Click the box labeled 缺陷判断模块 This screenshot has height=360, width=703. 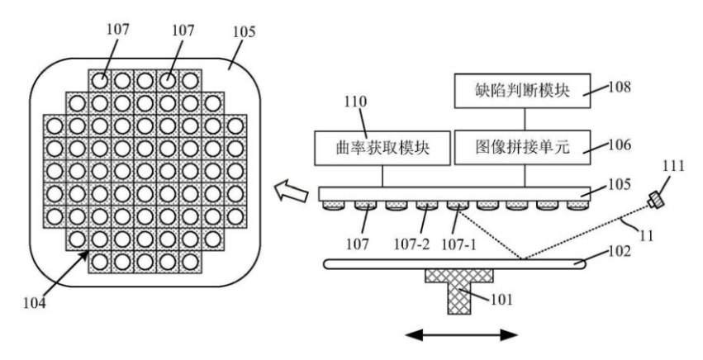point(522,91)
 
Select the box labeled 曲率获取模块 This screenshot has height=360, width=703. point(382,148)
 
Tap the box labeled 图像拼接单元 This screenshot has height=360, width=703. point(522,148)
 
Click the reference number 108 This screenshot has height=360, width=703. point(620,87)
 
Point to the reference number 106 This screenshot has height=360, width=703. point(620,144)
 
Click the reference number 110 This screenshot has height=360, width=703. point(355,102)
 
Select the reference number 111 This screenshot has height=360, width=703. point(674,166)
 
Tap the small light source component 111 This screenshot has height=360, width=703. point(655,200)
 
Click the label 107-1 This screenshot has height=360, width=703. point(460,244)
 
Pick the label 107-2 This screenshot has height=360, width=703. point(411,244)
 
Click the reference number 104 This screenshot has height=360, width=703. point(35,303)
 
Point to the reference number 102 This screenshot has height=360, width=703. point(620,251)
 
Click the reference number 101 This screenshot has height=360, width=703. point(501,299)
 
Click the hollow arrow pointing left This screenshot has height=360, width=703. point(292,192)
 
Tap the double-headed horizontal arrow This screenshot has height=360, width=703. point(461,335)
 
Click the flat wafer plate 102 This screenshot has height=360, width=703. point(454,264)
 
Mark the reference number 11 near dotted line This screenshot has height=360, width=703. point(646,235)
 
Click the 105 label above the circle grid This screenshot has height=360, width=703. point(244,32)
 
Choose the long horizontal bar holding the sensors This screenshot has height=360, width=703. point(454,194)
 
